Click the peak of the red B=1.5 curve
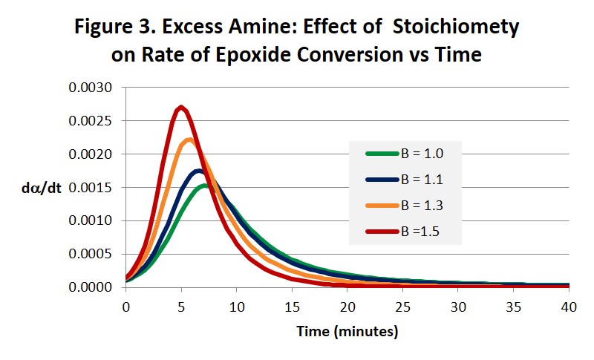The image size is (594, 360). (181, 107)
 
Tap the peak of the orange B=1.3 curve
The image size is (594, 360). (189, 140)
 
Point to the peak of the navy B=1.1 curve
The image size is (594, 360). (198, 171)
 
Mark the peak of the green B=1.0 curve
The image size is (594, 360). (205, 186)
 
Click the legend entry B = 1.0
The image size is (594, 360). (405, 154)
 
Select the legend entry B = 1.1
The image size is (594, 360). (405, 180)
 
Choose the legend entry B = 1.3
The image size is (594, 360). (405, 206)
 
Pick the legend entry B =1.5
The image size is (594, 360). (402, 232)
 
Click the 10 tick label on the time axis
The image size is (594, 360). (237, 307)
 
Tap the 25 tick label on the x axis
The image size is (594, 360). (402, 307)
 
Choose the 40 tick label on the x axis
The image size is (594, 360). (569, 307)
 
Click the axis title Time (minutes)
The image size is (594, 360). (347, 332)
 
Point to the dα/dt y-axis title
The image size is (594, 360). (42, 188)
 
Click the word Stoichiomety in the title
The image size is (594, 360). (456, 27)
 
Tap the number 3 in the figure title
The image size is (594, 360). (148, 27)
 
